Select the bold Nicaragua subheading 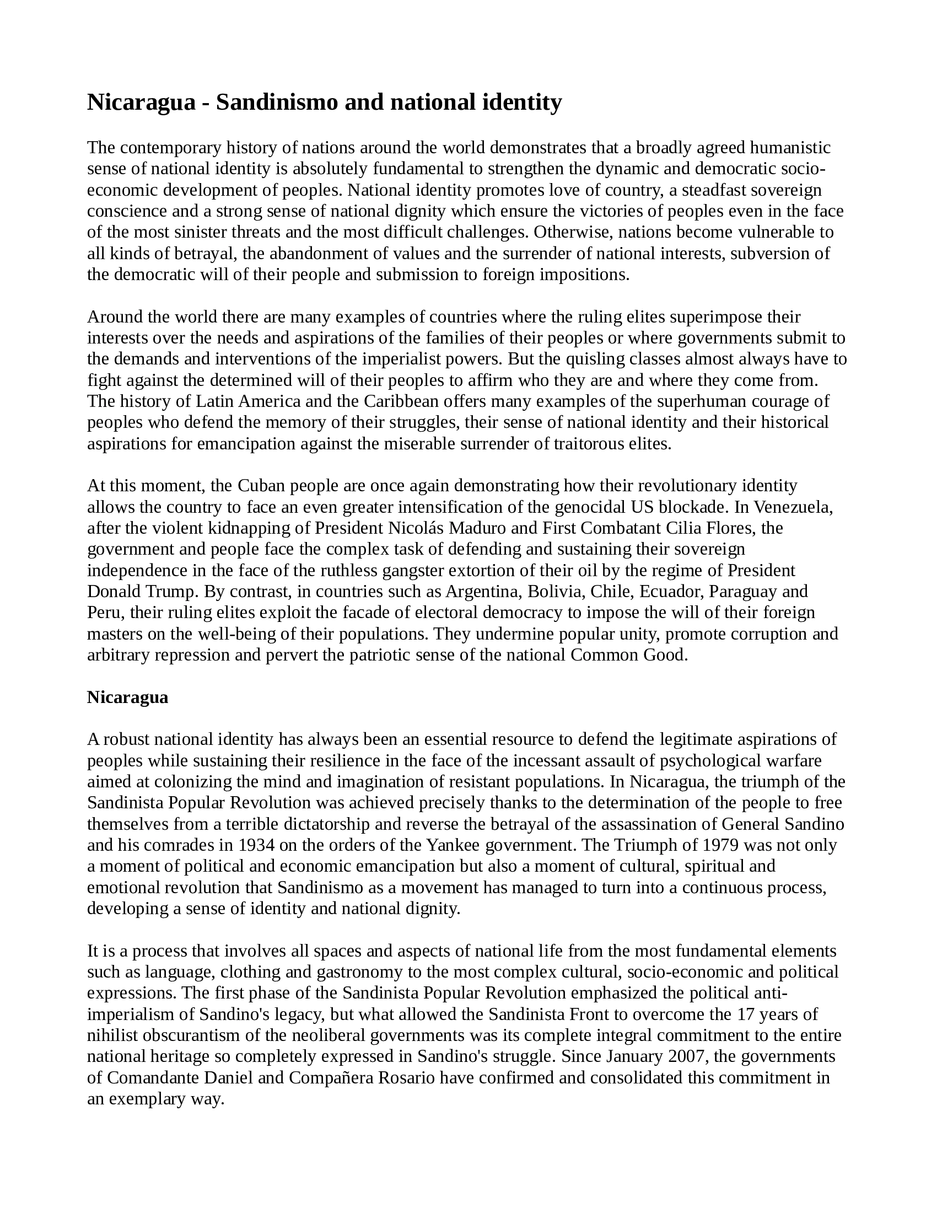pos(128,697)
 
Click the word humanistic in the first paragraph pos(790,148)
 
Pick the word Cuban pos(261,485)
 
